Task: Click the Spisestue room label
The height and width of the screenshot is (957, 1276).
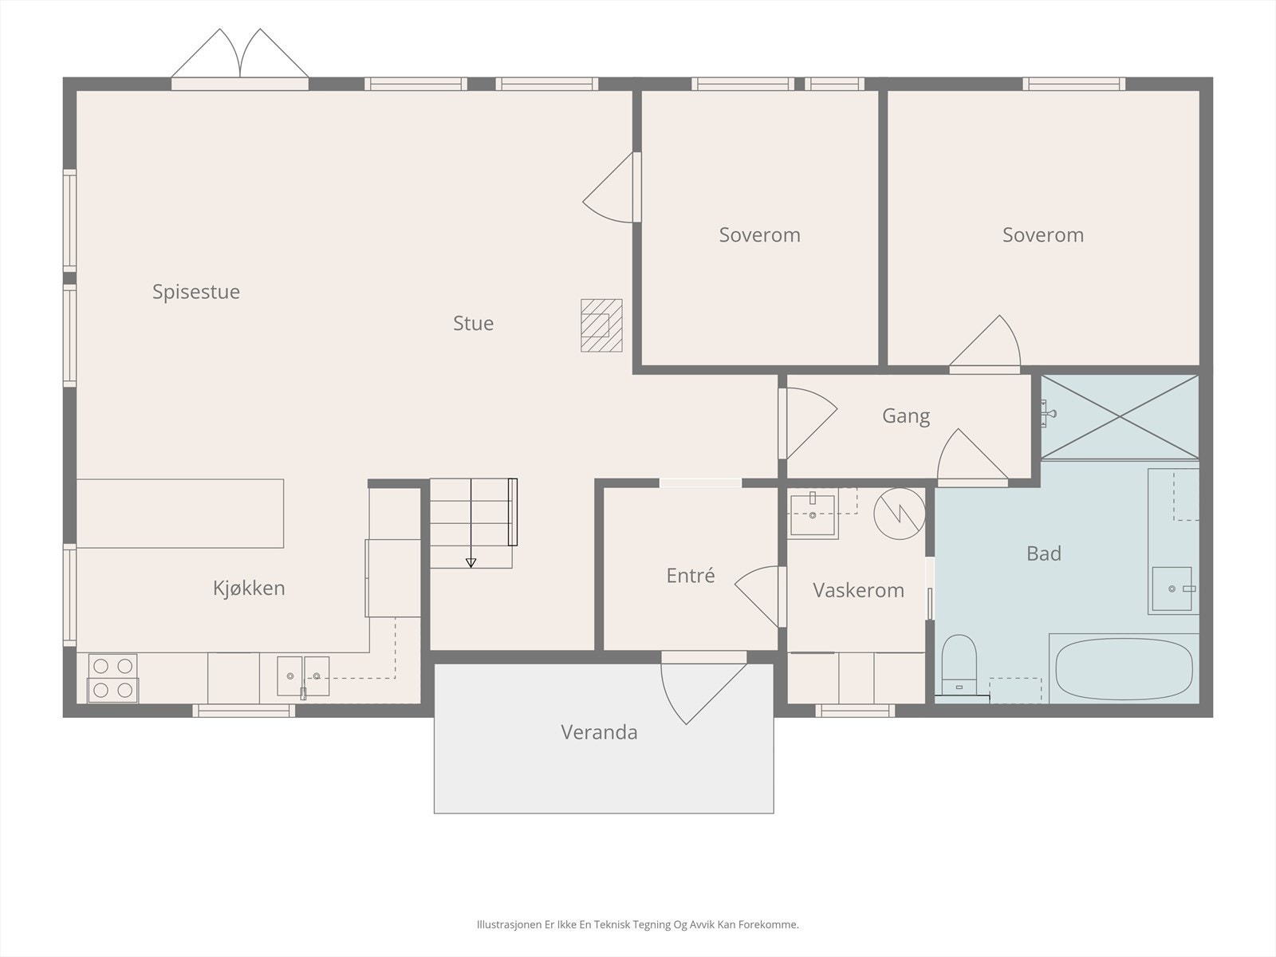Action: pyautogui.click(x=196, y=292)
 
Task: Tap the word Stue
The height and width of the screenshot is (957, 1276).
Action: pyautogui.click(x=473, y=323)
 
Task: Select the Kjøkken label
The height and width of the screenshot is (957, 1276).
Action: pyautogui.click(x=249, y=588)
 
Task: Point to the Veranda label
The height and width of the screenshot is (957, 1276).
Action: pyautogui.click(x=599, y=732)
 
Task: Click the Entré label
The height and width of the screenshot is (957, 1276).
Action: pyautogui.click(x=690, y=575)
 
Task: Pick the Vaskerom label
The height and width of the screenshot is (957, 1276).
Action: pyautogui.click(x=858, y=590)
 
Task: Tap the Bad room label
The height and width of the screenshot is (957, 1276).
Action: pyautogui.click(x=1043, y=553)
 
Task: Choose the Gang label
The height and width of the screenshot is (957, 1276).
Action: pyautogui.click(x=906, y=416)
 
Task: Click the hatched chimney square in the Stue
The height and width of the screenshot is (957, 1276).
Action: pyautogui.click(x=601, y=325)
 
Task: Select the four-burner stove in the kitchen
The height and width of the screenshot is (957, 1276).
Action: pyautogui.click(x=112, y=678)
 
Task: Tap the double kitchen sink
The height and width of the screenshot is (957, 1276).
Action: pyautogui.click(x=303, y=676)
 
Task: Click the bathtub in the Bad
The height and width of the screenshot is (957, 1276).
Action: pyautogui.click(x=1124, y=668)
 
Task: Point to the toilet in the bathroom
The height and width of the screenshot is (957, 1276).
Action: pyautogui.click(x=959, y=665)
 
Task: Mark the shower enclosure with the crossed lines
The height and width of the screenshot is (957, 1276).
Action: pyautogui.click(x=1120, y=417)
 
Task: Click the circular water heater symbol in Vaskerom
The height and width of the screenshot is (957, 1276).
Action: pyautogui.click(x=900, y=514)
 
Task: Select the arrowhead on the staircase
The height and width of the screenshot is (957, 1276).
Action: pyautogui.click(x=471, y=562)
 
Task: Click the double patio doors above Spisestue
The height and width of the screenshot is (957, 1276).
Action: pyautogui.click(x=239, y=58)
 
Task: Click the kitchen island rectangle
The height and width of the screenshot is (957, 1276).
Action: pyautogui.click(x=180, y=513)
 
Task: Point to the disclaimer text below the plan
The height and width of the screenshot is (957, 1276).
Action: pyautogui.click(x=638, y=924)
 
